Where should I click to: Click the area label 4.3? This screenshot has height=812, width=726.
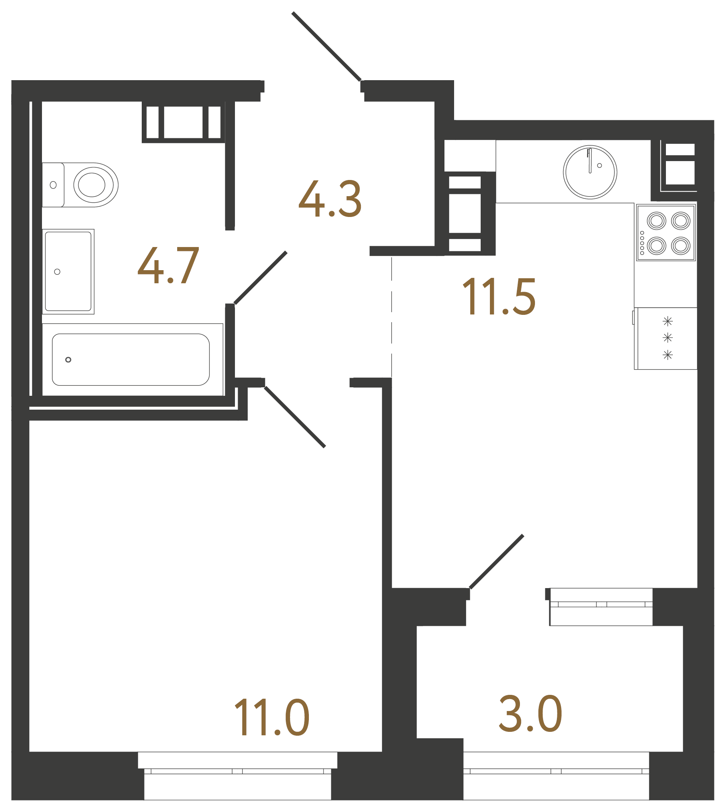[x=330, y=198]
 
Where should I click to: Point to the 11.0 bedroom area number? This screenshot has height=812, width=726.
[x=272, y=717]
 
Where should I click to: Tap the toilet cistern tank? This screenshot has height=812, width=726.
[x=53, y=185]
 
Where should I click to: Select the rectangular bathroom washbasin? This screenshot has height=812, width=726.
[x=68, y=271]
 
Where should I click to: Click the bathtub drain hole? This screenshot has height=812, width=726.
[x=68, y=360]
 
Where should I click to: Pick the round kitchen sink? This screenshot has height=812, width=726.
[x=590, y=172]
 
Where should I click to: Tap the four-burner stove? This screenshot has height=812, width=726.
[x=666, y=233]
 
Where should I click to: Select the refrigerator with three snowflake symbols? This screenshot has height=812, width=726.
[x=666, y=338]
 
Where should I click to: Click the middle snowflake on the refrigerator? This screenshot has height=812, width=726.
[x=667, y=338]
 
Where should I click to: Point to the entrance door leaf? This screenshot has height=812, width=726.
[x=327, y=47]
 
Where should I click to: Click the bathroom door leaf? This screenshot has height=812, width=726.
[x=260, y=278]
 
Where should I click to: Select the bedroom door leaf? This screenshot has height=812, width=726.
[x=295, y=417]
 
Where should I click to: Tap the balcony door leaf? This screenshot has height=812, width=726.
[x=496, y=561]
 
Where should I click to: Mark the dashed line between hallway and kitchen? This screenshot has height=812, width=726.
[x=392, y=318]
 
